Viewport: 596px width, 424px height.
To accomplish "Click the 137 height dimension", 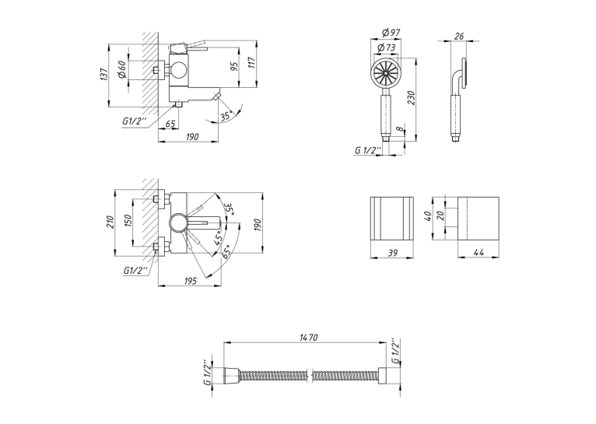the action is pos(104,74).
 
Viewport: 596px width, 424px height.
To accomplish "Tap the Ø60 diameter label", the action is pos(122,69).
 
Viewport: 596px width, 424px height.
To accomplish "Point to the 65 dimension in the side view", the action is pos(170,124).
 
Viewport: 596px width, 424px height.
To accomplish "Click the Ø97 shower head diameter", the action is pos(391,33).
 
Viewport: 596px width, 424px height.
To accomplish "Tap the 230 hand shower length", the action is pos(412,98).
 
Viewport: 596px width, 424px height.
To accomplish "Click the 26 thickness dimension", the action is pos(459,36).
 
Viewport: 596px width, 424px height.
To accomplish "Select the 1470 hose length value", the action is pos(308,337).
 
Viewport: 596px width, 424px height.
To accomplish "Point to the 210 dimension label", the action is pos(110,222).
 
